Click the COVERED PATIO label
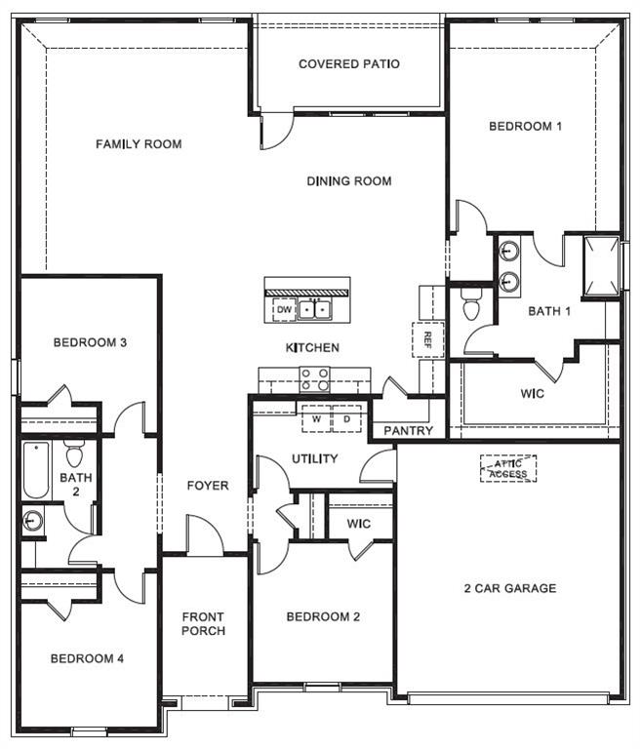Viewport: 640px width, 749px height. pyautogui.click(x=348, y=64)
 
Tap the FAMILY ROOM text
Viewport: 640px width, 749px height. pyautogui.click(x=139, y=144)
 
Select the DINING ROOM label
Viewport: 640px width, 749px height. pyautogui.click(x=348, y=180)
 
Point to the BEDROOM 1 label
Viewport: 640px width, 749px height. pyautogui.click(x=525, y=126)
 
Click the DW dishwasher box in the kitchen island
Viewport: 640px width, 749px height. pyautogui.click(x=283, y=310)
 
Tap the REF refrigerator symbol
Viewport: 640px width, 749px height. pyautogui.click(x=426, y=338)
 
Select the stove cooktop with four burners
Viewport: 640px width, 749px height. pyautogui.click(x=314, y=378)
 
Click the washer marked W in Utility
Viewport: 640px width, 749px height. pyautogui.click(x=316, y=419)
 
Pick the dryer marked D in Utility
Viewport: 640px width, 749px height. pyautogui.click(x=346, y=419)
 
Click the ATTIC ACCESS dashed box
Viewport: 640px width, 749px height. pyautogui.click(x=507, y=469)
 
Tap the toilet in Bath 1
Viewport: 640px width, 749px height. pyautogui.click(x=471, y=304)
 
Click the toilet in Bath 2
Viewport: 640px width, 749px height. pyautogui.click(x=74, y=454)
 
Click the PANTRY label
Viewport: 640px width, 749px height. pyautogui.click(x=408, y=430)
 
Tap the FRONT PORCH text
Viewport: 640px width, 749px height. pyautogui.click(x=203, y=623)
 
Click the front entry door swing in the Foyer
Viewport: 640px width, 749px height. pyautogui.click(x=204, y=538)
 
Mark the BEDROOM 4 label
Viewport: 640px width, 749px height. pyautogui.click(x=87, y=658)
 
